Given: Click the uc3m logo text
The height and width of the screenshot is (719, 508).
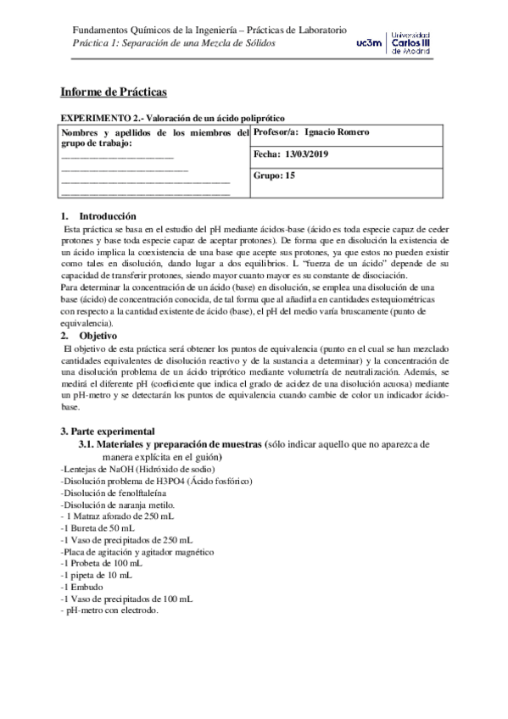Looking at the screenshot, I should [370, 42].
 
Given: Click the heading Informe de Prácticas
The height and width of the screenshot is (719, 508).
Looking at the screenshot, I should [114, 92].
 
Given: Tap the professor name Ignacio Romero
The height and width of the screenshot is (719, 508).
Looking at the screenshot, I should [336, 132].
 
